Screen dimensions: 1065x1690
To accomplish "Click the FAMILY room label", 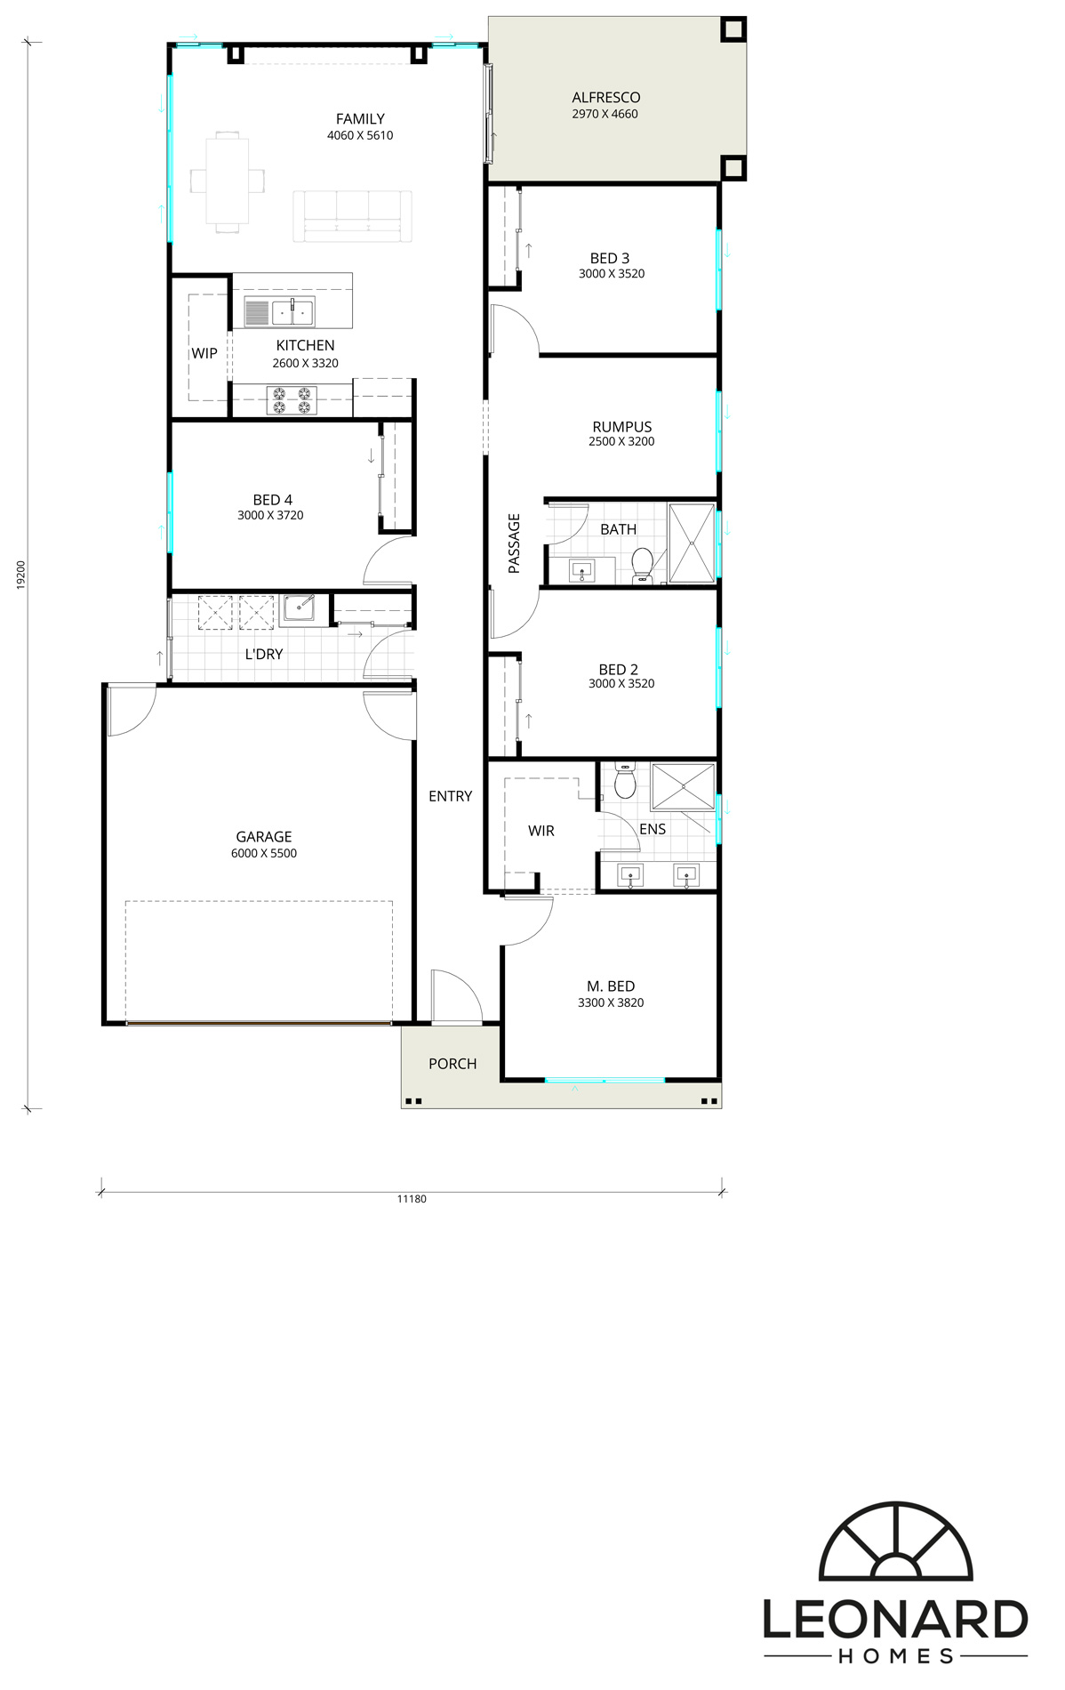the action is [x=360, y=119].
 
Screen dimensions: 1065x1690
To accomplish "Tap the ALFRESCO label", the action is [x=605, y=98].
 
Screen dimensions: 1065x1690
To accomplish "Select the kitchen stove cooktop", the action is [x=292, y=400].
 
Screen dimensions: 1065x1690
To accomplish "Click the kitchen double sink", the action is [x=292, y=312].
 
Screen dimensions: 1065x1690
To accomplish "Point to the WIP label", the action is [x=204, y=353].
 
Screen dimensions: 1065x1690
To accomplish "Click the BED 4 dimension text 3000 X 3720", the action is [x=270, y=515].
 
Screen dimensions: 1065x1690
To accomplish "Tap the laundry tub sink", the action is [x=298, y=609].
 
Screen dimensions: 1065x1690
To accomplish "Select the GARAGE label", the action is [x=264, y=837].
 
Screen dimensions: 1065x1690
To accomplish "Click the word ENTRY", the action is [x=451, y=796].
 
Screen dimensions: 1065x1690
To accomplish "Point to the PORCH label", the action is [x=452, y=1064].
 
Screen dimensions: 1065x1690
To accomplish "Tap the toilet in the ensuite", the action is [x=625, y=782].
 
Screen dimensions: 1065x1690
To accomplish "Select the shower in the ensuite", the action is [x=683, y=787].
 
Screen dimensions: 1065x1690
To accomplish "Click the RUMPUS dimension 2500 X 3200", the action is [x=621, y=441].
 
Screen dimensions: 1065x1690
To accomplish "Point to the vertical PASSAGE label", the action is [x=514, y=543].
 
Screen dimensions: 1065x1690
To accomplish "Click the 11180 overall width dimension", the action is [x=412, y=1199].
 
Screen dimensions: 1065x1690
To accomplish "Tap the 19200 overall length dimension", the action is [x=21, y=575].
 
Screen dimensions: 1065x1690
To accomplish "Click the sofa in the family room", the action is [x=353, y=216].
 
